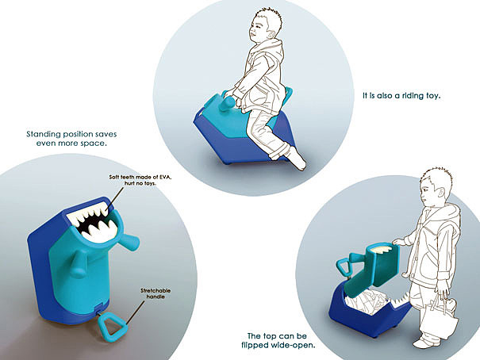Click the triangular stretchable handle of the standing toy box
pos(113,327)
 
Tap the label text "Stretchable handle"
pos(156,293)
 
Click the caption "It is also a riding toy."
pos(401,95)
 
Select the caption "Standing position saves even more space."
pos(71,139)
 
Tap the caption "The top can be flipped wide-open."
pos(278,340)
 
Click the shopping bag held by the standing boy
pos(439,319)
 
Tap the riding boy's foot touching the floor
pos(296,159)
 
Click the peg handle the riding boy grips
pos(229,103)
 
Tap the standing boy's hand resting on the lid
pos(399,242)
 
